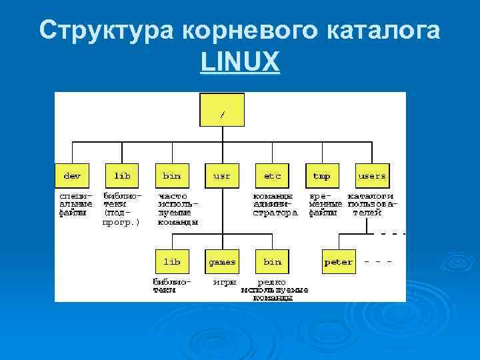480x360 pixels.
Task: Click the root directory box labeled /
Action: point(222,110)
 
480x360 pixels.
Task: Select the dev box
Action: point(72,176)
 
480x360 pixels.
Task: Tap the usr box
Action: point(222,176)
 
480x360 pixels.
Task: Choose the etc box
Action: point(272,176)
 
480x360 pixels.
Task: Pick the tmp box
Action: point(322,176)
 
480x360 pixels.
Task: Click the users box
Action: point(372,176)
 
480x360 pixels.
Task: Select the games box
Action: point(222,262)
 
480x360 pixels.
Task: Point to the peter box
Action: point(338,262)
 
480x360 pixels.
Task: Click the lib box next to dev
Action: point(122,176)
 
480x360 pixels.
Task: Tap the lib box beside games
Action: point(172,262)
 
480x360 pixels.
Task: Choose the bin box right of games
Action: point(272,262)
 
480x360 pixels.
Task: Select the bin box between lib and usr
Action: point(172,176)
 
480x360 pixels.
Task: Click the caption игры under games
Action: point(224,282)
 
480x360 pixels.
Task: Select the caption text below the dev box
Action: point(75,205)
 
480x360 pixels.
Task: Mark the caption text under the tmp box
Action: point(325,205)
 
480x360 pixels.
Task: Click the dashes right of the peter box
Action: point(377,262)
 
